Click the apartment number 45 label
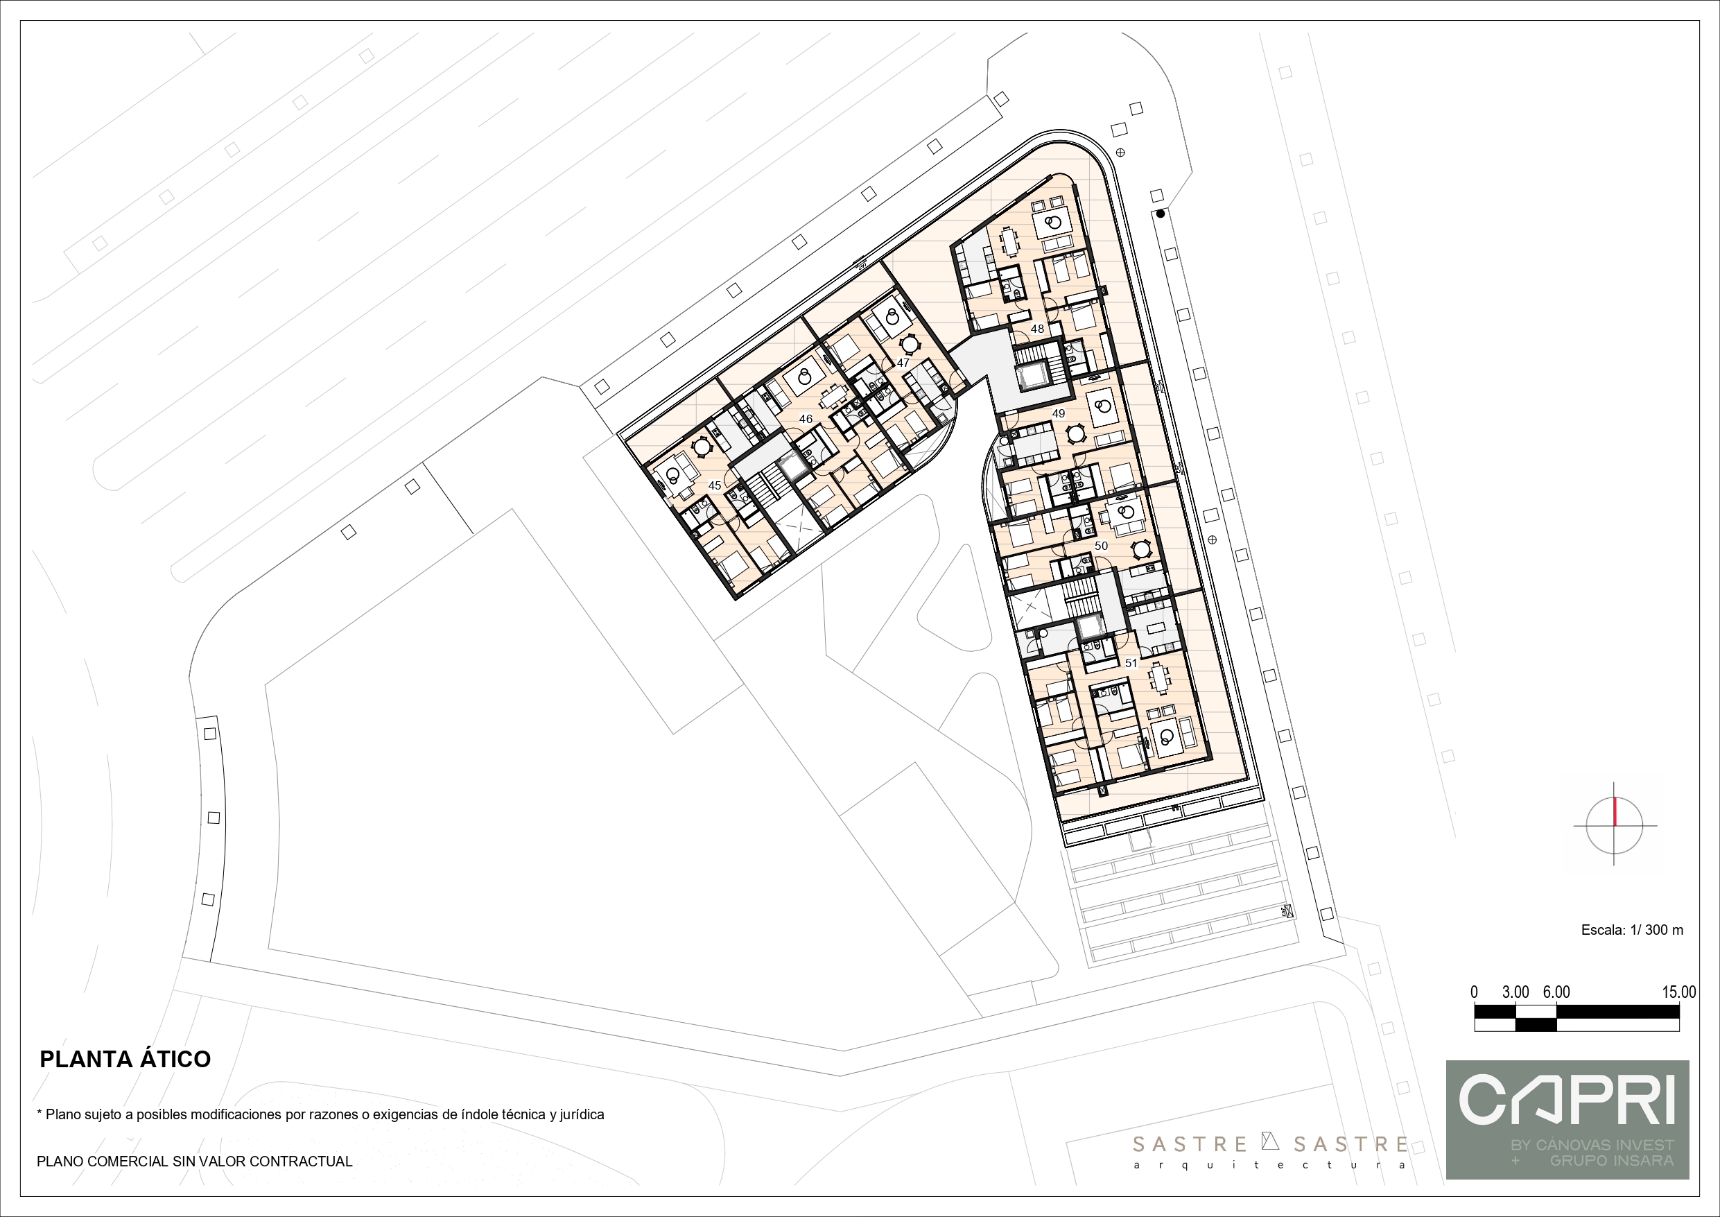715,485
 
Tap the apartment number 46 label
806,419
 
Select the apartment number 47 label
903,363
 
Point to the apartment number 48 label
1037,328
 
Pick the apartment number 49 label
1058,413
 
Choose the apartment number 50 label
1100,546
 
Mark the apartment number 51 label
1131,662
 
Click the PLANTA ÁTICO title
125,1059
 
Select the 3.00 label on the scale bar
1515,992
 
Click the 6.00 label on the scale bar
1556,992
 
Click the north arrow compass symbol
1615,825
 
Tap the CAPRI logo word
1567,1098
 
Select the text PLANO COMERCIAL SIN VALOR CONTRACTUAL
195,1162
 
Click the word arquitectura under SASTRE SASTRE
1270,1165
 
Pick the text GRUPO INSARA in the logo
1611,1160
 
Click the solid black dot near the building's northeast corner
1161,214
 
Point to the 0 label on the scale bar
1475,992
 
